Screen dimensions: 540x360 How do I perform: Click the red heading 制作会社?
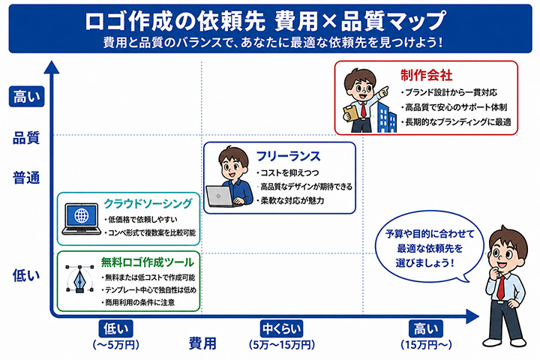426,75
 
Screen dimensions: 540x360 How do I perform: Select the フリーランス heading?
289,157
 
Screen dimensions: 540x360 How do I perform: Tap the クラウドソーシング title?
148,203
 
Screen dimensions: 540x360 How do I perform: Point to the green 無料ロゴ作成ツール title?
148,262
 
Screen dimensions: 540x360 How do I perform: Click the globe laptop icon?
81,219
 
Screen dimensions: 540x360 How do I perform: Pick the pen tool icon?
80,280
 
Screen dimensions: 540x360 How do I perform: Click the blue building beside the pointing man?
386,115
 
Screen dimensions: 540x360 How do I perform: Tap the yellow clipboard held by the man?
351,112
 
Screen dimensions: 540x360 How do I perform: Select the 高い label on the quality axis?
26,97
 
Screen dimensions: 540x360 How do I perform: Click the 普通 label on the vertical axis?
26,178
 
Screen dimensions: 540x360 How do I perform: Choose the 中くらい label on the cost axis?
282,329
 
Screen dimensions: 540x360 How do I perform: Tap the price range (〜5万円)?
116,344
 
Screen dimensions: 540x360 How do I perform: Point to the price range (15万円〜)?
426,344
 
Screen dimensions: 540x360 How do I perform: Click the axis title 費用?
202,343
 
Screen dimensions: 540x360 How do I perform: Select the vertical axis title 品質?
26,138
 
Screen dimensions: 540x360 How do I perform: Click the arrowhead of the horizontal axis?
472,316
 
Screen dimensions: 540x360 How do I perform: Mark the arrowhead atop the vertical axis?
52,67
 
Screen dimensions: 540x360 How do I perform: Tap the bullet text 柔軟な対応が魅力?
292,200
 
